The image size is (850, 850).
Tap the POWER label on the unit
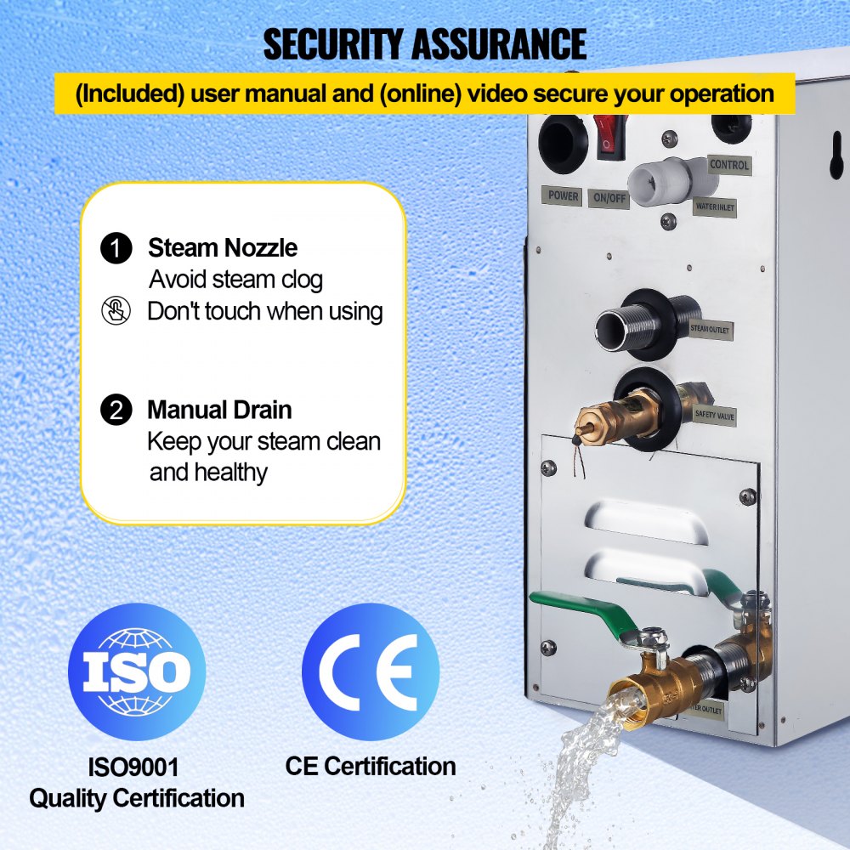pyautogui.click(x=563, y=195)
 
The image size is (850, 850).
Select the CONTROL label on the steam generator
pyautogui.click(x=728, y=165)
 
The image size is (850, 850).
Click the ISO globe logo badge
pyautogui.click(x=137, y=671)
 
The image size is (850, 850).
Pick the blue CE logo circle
pyautogui.click(x=370, y=671)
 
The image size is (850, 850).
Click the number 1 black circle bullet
pyautogui.click(x=116, y=249)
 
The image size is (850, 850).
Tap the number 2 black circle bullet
pyautogui.click(x=116, y=411)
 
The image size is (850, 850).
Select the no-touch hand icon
pyautogui.click(x=116, y=311)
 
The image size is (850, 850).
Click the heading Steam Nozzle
pyautogui.click(x=223, y=248)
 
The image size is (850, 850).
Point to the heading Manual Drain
pyautogui.click(x=219, y=410)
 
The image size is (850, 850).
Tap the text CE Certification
pyautogui.click(x=370, y=767)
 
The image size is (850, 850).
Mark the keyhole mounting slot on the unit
pyautogui.click(x=837, y=158)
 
